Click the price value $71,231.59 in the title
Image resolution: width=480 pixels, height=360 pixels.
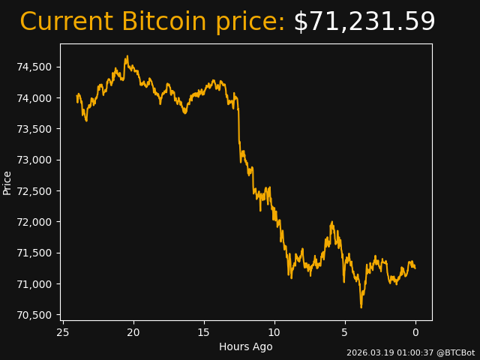364,22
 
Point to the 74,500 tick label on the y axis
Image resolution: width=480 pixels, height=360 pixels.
34,67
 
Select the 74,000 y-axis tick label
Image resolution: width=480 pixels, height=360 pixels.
34,98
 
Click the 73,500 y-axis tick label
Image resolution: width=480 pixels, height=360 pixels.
34,129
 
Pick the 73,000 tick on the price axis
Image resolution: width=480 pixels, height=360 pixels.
34,160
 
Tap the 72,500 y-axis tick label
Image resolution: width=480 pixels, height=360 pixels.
34,191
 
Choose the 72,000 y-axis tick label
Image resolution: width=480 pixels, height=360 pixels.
34,222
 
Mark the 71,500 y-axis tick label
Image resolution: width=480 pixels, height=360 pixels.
34,253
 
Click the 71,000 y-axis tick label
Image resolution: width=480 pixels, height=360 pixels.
34,284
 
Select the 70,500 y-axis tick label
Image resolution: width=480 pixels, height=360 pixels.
34,315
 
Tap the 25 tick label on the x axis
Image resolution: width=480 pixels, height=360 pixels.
63,332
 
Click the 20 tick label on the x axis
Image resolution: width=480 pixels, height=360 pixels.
133,332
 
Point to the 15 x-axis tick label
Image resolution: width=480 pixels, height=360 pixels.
204,332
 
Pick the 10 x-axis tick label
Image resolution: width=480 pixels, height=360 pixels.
274,332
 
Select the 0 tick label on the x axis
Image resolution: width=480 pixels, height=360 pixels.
415,332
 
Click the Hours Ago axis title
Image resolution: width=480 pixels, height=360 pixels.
245,346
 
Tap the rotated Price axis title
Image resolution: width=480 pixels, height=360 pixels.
7,182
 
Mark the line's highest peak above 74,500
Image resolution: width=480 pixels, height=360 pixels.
127,56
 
